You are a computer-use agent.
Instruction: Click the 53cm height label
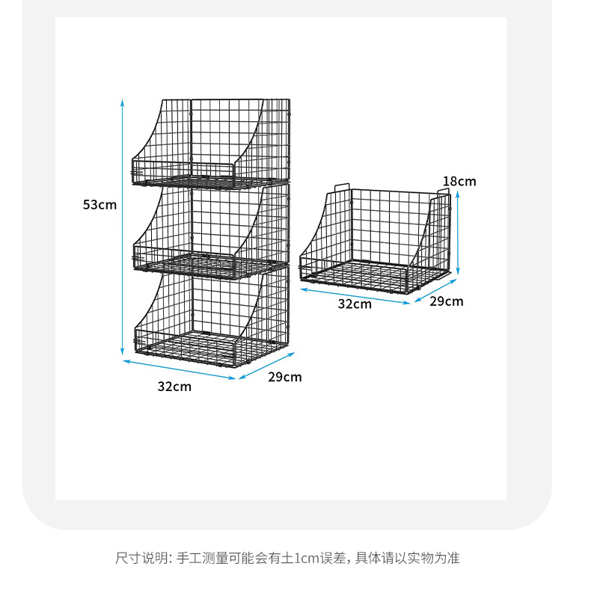tap(99, 205)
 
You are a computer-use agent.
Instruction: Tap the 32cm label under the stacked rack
tap(174, 387)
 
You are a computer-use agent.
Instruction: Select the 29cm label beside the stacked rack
tap(285, 377)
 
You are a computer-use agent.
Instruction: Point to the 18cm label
tap(459, 181)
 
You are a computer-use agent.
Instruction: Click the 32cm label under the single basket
tap(355, 304)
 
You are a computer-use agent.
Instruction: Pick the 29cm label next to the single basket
tap(446, 301)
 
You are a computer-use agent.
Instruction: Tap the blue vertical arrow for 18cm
tap(459, 231)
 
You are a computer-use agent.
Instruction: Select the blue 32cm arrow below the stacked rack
tap(180, 370)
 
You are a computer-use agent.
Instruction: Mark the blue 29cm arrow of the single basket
tap(435, 291)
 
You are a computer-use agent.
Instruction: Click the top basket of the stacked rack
tap(210, 142)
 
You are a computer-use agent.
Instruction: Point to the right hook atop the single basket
tap(443, 192)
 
